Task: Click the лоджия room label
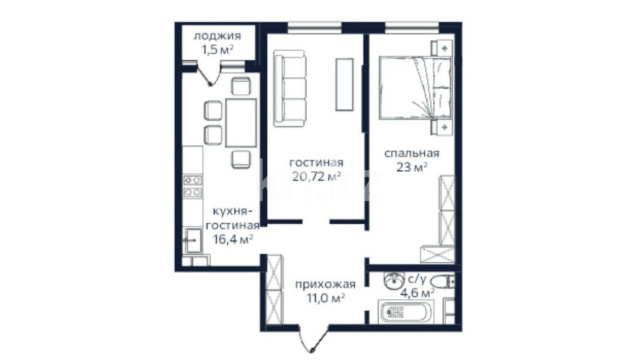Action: click(217, 36)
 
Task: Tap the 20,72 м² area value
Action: click(317, 176)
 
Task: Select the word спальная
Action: click(412, 153)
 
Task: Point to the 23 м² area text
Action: click(412, 167)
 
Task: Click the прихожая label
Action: click(325, 284)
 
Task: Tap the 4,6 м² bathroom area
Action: click(417, 292)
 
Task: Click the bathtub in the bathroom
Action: click(405, 312)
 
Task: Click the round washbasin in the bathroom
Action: click(393, 280)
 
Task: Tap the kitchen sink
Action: click(193, 240)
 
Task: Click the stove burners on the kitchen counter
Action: click(193, 186)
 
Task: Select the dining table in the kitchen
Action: click(241, 122)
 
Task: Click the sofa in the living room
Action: click(290, 88)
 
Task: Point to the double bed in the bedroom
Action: click(416, 89)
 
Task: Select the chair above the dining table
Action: click(241, 86)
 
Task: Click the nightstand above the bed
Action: click(442, 48)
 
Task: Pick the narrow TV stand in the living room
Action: click(344, 84)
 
